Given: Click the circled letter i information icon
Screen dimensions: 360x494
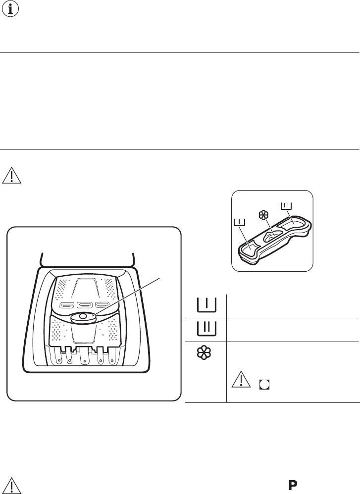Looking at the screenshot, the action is pyautogui.click(x=10, y=9).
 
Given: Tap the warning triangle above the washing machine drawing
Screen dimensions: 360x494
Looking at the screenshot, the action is pyautogui.click(x=12, y=176).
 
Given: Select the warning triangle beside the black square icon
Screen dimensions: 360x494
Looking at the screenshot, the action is pyautogui.click(x=241, y=379).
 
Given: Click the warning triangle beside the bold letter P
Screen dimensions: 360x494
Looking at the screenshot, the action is pyautogui.click(x=12, y=486).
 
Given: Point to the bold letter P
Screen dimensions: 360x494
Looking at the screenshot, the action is pyautogui.click(x=293, y=486).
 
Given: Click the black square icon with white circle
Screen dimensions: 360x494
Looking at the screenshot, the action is pyautogui.click(x=264, y=385).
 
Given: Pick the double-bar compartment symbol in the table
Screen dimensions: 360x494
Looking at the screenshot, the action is pyautogui.click(x=206, y=329).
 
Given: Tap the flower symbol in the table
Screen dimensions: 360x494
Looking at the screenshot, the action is pyautogui.click(x=205, y=352).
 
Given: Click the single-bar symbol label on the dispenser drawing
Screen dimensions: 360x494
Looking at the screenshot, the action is pyautogui.click(x=240, y=223).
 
